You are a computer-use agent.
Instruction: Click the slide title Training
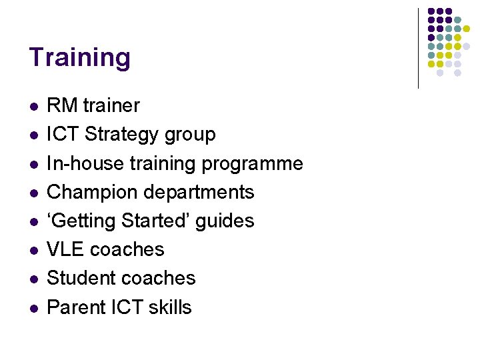[x=79, y=58]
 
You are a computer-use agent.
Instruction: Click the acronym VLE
[x=65, y=249]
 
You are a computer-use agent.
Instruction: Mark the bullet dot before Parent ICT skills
[x=33, y=308]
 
